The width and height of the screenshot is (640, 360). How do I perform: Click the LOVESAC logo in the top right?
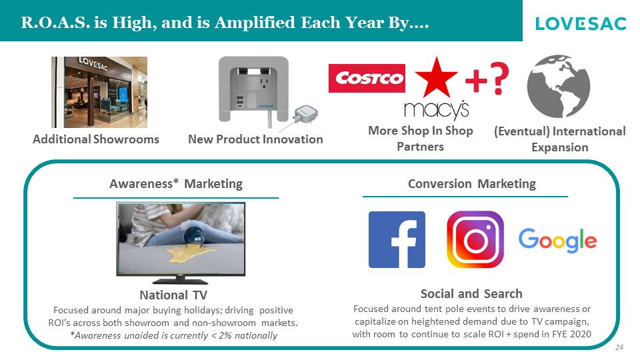(581, 24)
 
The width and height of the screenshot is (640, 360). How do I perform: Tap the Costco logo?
(367, 78)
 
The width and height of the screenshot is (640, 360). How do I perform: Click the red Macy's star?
(436, 77)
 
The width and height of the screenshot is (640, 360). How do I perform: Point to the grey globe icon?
(559, 87)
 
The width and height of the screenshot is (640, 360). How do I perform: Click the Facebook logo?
(397, 239)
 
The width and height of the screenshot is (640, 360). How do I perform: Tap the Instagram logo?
(475, 239)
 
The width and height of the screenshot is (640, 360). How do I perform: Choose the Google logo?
(557, 240)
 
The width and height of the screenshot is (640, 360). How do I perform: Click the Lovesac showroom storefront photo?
(99, 92)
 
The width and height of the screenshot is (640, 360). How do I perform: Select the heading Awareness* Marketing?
(176, 184)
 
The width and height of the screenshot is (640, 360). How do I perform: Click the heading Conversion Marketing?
(472, 184)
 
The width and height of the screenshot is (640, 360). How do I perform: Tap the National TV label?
(173, 295)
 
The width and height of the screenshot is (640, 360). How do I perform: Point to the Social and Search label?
(471, 293)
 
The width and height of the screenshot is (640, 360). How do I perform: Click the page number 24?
(619, 347)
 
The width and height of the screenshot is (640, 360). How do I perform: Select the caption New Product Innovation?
(255, 139)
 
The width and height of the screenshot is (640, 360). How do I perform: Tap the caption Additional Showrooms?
(96, 139)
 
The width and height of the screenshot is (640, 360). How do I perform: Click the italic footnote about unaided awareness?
(174, 335)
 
